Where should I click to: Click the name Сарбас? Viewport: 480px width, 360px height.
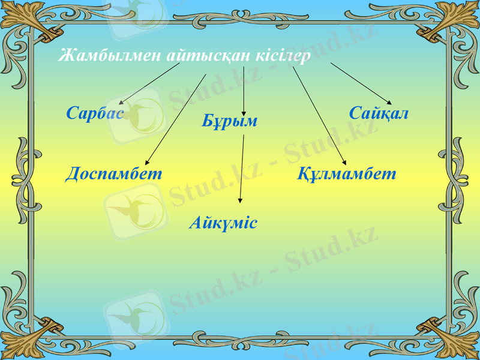95,113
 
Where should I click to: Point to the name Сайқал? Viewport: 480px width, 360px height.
379,113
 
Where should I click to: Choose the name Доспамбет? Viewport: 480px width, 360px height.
114,174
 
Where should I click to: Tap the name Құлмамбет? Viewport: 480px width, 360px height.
347,174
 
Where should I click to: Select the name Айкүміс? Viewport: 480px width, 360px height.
223,223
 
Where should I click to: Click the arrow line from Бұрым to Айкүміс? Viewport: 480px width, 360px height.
242,168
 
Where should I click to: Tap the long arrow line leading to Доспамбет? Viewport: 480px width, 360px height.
177,117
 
